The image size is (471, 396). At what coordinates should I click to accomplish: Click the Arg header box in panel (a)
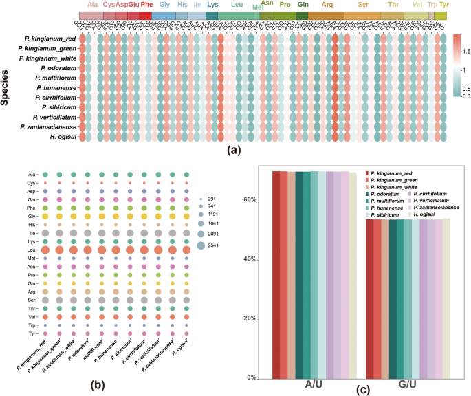(326, 15)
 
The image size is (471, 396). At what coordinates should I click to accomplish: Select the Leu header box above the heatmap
(237, 15)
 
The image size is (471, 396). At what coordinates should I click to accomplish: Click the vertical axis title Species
(6, 89)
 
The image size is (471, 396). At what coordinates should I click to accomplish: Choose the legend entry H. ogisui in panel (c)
(432, 215)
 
